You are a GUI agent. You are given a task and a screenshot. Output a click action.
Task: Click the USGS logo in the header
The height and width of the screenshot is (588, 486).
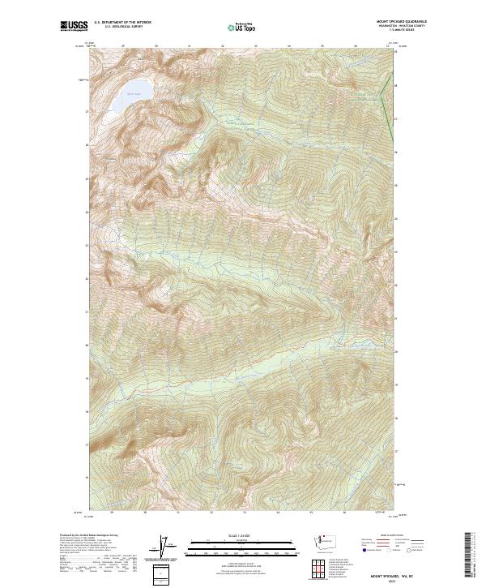(75, 26)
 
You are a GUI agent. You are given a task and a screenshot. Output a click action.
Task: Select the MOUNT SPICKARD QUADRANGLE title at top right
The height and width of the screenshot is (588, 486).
(402, 21)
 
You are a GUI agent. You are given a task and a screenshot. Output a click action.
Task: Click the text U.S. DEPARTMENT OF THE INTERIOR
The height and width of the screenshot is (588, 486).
(122, 23)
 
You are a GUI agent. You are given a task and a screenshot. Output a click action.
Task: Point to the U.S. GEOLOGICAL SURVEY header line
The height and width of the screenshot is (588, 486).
(118, 27)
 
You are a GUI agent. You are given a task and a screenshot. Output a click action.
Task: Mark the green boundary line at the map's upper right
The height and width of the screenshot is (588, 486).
(388, 114)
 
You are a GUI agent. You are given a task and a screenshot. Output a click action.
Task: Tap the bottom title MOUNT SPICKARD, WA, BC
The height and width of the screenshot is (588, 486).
(402, 577)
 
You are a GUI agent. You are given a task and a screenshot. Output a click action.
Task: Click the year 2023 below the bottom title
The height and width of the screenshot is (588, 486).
(402, 582)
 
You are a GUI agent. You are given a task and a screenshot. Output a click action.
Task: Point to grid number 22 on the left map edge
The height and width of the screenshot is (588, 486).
(87, 277)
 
